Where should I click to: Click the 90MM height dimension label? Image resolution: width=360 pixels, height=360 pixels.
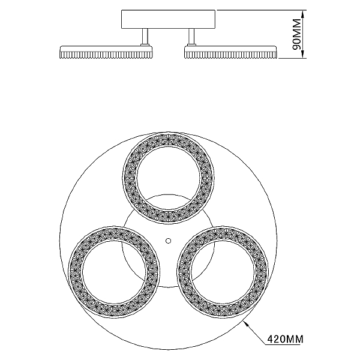point(297,34)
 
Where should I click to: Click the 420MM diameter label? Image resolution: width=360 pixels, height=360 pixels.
point(285,339)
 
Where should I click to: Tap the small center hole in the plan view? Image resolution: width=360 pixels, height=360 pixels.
point(168,241)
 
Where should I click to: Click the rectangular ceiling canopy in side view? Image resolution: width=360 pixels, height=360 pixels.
point(168,19)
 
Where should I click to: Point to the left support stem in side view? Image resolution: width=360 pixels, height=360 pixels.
point(145,36)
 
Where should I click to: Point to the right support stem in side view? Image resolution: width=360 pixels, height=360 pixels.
point(191,36)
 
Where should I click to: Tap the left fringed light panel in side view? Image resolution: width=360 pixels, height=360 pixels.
point(106,52)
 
